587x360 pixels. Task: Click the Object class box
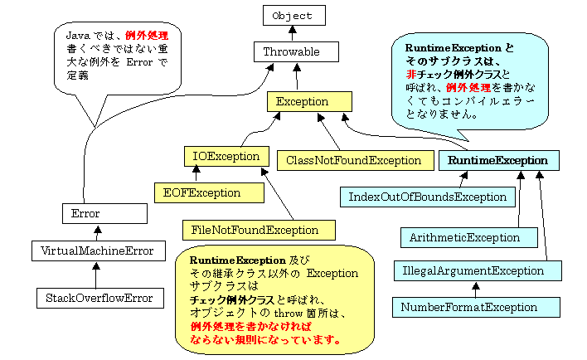(x=293, y=16)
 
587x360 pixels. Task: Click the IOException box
(x=226, y=155)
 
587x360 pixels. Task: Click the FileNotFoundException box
(x=260, y=229)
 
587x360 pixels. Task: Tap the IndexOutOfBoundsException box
(x=427, y=197)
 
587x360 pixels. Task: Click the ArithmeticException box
(x=464, y=237)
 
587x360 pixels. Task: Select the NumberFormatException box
(x=469, y=307)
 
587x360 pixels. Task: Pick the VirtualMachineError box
(x=98, y=249)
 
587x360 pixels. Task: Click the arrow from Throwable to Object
(x=292, y=33)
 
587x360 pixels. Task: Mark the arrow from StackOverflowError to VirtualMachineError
(x=96, y=273)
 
